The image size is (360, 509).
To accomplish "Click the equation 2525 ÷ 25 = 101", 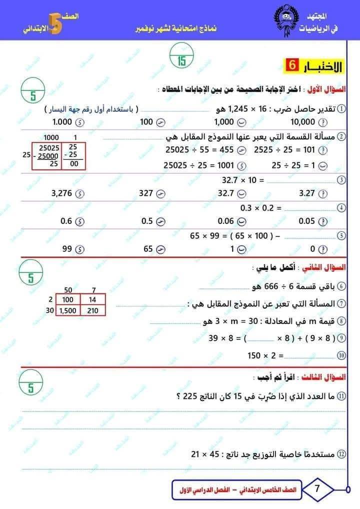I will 284,149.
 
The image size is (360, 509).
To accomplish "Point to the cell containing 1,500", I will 68,310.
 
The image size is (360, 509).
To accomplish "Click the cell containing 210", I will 93,310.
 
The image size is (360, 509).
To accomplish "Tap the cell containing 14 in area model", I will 93,300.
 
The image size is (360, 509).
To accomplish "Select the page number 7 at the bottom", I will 317,488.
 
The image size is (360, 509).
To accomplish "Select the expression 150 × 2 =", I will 265,356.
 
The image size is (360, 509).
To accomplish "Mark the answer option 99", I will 67,249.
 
